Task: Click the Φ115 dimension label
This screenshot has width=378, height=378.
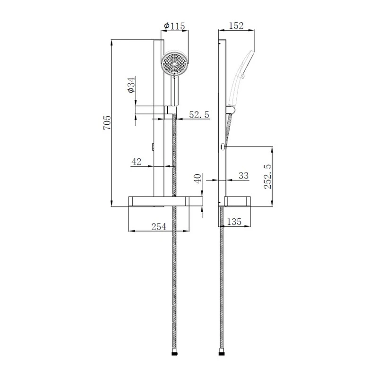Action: (x=175, y=26)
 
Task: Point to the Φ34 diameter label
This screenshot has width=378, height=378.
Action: (x=131, y=85)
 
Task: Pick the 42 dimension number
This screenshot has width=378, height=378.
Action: (x=136, y=162)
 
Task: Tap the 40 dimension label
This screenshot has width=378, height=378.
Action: (x=198, y=178)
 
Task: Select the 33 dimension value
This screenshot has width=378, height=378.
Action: (x=243, y=176)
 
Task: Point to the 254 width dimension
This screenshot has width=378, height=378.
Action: (x=158, y=227)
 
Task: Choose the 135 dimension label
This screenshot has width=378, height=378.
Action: (x=235, y=221)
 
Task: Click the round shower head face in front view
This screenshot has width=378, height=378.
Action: (x=175, y=63)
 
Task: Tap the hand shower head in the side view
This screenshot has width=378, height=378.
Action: (x=246, y=64)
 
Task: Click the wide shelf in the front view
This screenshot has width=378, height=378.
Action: (x=158, y=202)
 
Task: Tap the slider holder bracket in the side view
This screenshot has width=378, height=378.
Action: (x=230, y=111)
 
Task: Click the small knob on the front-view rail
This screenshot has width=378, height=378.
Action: (x=153, y=147)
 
